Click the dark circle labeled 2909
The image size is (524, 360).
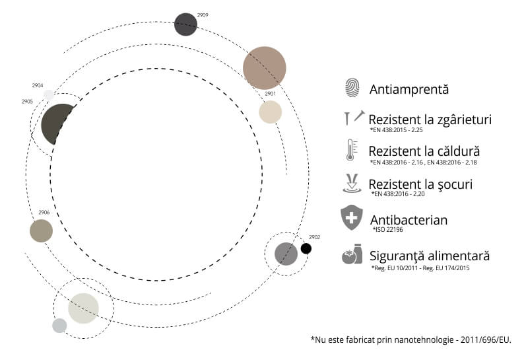click(x=186, y=24)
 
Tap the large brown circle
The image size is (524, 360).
click(x=265, y=68)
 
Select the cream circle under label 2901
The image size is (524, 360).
click(x=271, y=112)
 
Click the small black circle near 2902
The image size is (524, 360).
click(x=306, y=248)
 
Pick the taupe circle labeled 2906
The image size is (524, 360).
click(x=41, y=231)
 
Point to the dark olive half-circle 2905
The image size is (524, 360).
click(x=55, y=124)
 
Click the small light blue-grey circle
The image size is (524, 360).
click(x=59, y=326)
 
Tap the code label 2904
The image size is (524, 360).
click(x=38, y=86)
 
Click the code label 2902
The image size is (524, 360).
click(x=315, y=237)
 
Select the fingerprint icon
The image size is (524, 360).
click(x=352, y=88)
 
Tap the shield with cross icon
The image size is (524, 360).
click(x=352, y=218)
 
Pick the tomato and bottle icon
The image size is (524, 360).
click(x=352, y=254)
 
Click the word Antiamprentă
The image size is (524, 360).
click(x=409, y=89)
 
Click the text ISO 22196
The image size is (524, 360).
click(x=389, y=229)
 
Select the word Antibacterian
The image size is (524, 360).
click(x=409, y=220)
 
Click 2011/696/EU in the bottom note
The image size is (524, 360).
click(x=486, y=340)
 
